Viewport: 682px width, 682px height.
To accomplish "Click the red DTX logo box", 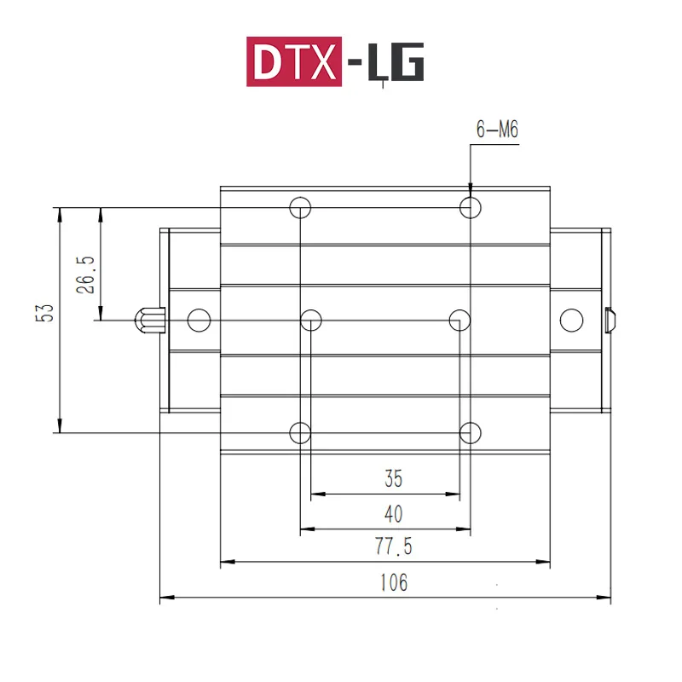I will (293, 61).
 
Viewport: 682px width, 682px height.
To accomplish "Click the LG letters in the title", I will (394, 63).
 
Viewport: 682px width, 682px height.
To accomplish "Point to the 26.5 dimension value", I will (85, 274).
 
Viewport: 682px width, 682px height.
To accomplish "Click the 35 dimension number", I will (393, 479).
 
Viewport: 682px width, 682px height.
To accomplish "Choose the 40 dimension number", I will (393, 514).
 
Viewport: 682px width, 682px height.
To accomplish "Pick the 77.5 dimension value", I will (393, 547).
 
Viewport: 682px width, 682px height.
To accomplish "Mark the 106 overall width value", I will (393, 583).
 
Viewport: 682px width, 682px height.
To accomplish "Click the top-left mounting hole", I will (299, 206).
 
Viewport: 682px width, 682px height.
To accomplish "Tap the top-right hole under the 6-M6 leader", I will (470, 206).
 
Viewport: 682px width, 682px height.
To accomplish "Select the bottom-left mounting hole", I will (299, 432).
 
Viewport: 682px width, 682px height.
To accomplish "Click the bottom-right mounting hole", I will (470, 432).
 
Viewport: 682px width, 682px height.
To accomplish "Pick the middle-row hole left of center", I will (311, 320).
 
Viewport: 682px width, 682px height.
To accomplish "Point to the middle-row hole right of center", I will (459, 320).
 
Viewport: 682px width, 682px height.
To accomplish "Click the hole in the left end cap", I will (199, 320).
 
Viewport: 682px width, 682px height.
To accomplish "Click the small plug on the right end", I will (610, 320).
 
